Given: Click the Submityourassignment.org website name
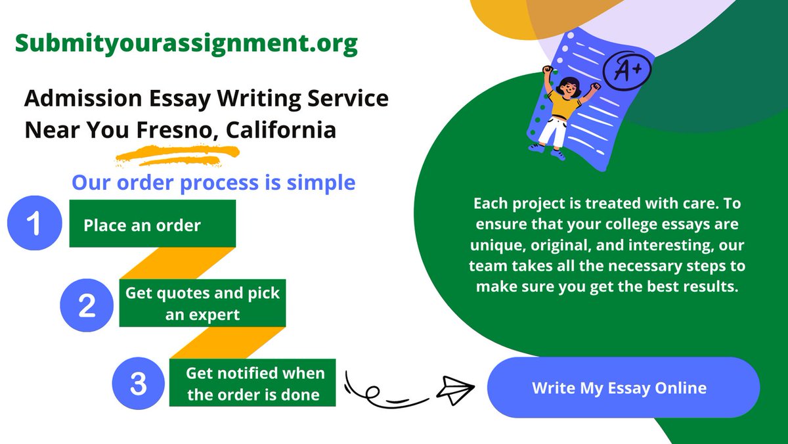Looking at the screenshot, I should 186,43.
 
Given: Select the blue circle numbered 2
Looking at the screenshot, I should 88,303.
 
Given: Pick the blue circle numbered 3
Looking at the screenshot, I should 139,383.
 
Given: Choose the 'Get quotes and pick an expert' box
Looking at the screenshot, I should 202,303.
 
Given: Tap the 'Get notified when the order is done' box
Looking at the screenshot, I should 253,383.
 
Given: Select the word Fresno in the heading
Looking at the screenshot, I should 175,130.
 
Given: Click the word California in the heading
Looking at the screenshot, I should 281,130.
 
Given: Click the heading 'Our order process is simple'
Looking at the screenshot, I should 213,182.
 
